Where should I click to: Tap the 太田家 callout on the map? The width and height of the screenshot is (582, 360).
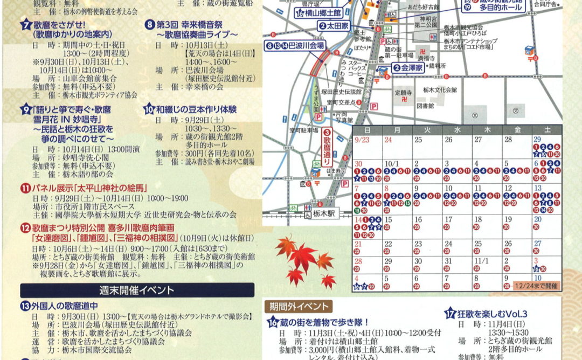(335, 25)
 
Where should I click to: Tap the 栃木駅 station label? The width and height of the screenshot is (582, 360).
(321, 212)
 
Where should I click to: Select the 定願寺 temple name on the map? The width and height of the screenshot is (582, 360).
(404, 93)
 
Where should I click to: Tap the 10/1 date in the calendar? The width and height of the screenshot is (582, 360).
(391, 163)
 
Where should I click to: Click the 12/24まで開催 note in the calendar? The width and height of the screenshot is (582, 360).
(536, 285)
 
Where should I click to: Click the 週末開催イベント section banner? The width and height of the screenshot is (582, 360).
(137, 290)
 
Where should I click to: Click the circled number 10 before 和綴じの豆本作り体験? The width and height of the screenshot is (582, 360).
(149, 109)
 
